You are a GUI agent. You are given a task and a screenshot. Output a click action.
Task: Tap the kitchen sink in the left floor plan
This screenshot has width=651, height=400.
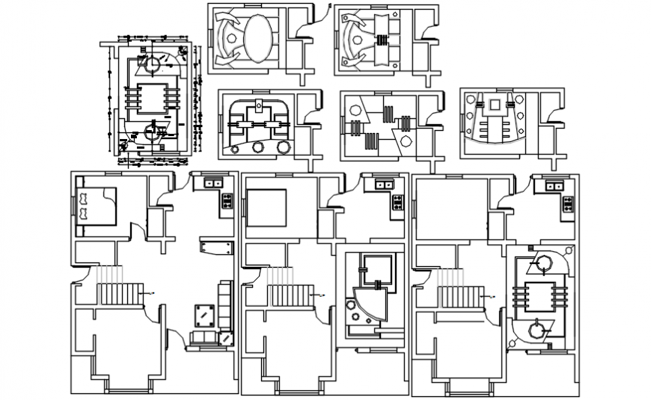tap(212, 182)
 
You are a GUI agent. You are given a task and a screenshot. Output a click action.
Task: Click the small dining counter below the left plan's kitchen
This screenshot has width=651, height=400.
tap(213, 247)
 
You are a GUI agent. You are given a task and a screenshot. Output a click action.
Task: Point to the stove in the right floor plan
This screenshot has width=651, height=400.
tap(568, 203)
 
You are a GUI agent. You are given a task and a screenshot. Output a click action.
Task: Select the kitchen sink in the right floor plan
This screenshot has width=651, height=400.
tap(554, 185)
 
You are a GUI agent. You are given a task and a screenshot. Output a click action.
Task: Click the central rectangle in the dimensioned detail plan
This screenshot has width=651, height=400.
tap(156, 98)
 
